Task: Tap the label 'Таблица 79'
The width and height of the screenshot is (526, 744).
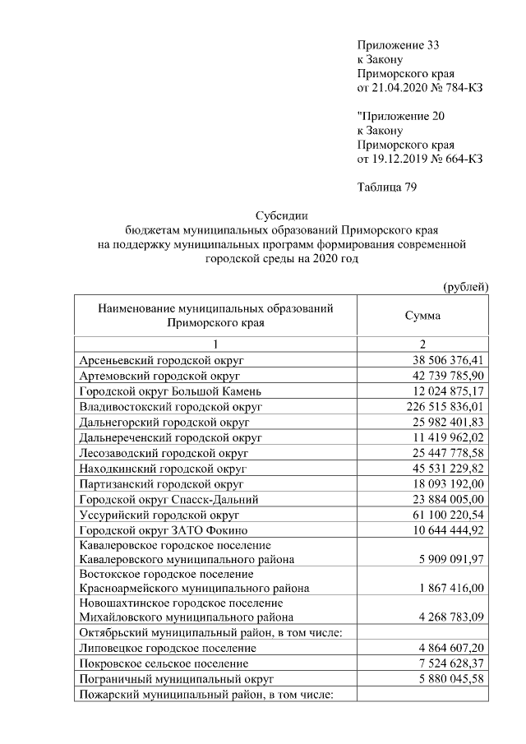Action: point(388,187)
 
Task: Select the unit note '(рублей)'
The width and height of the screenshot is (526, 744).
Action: point(465,286)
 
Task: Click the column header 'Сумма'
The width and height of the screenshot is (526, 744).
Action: point(422,316)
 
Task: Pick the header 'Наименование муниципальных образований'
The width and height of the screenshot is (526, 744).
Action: point(215,308)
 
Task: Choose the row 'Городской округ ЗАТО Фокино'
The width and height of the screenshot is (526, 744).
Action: point(163,529)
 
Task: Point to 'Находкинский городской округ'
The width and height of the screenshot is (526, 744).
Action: point(164,468)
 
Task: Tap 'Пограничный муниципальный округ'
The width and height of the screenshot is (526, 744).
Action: point(175,679)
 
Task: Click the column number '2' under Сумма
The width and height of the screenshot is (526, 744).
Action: point(422,344)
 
